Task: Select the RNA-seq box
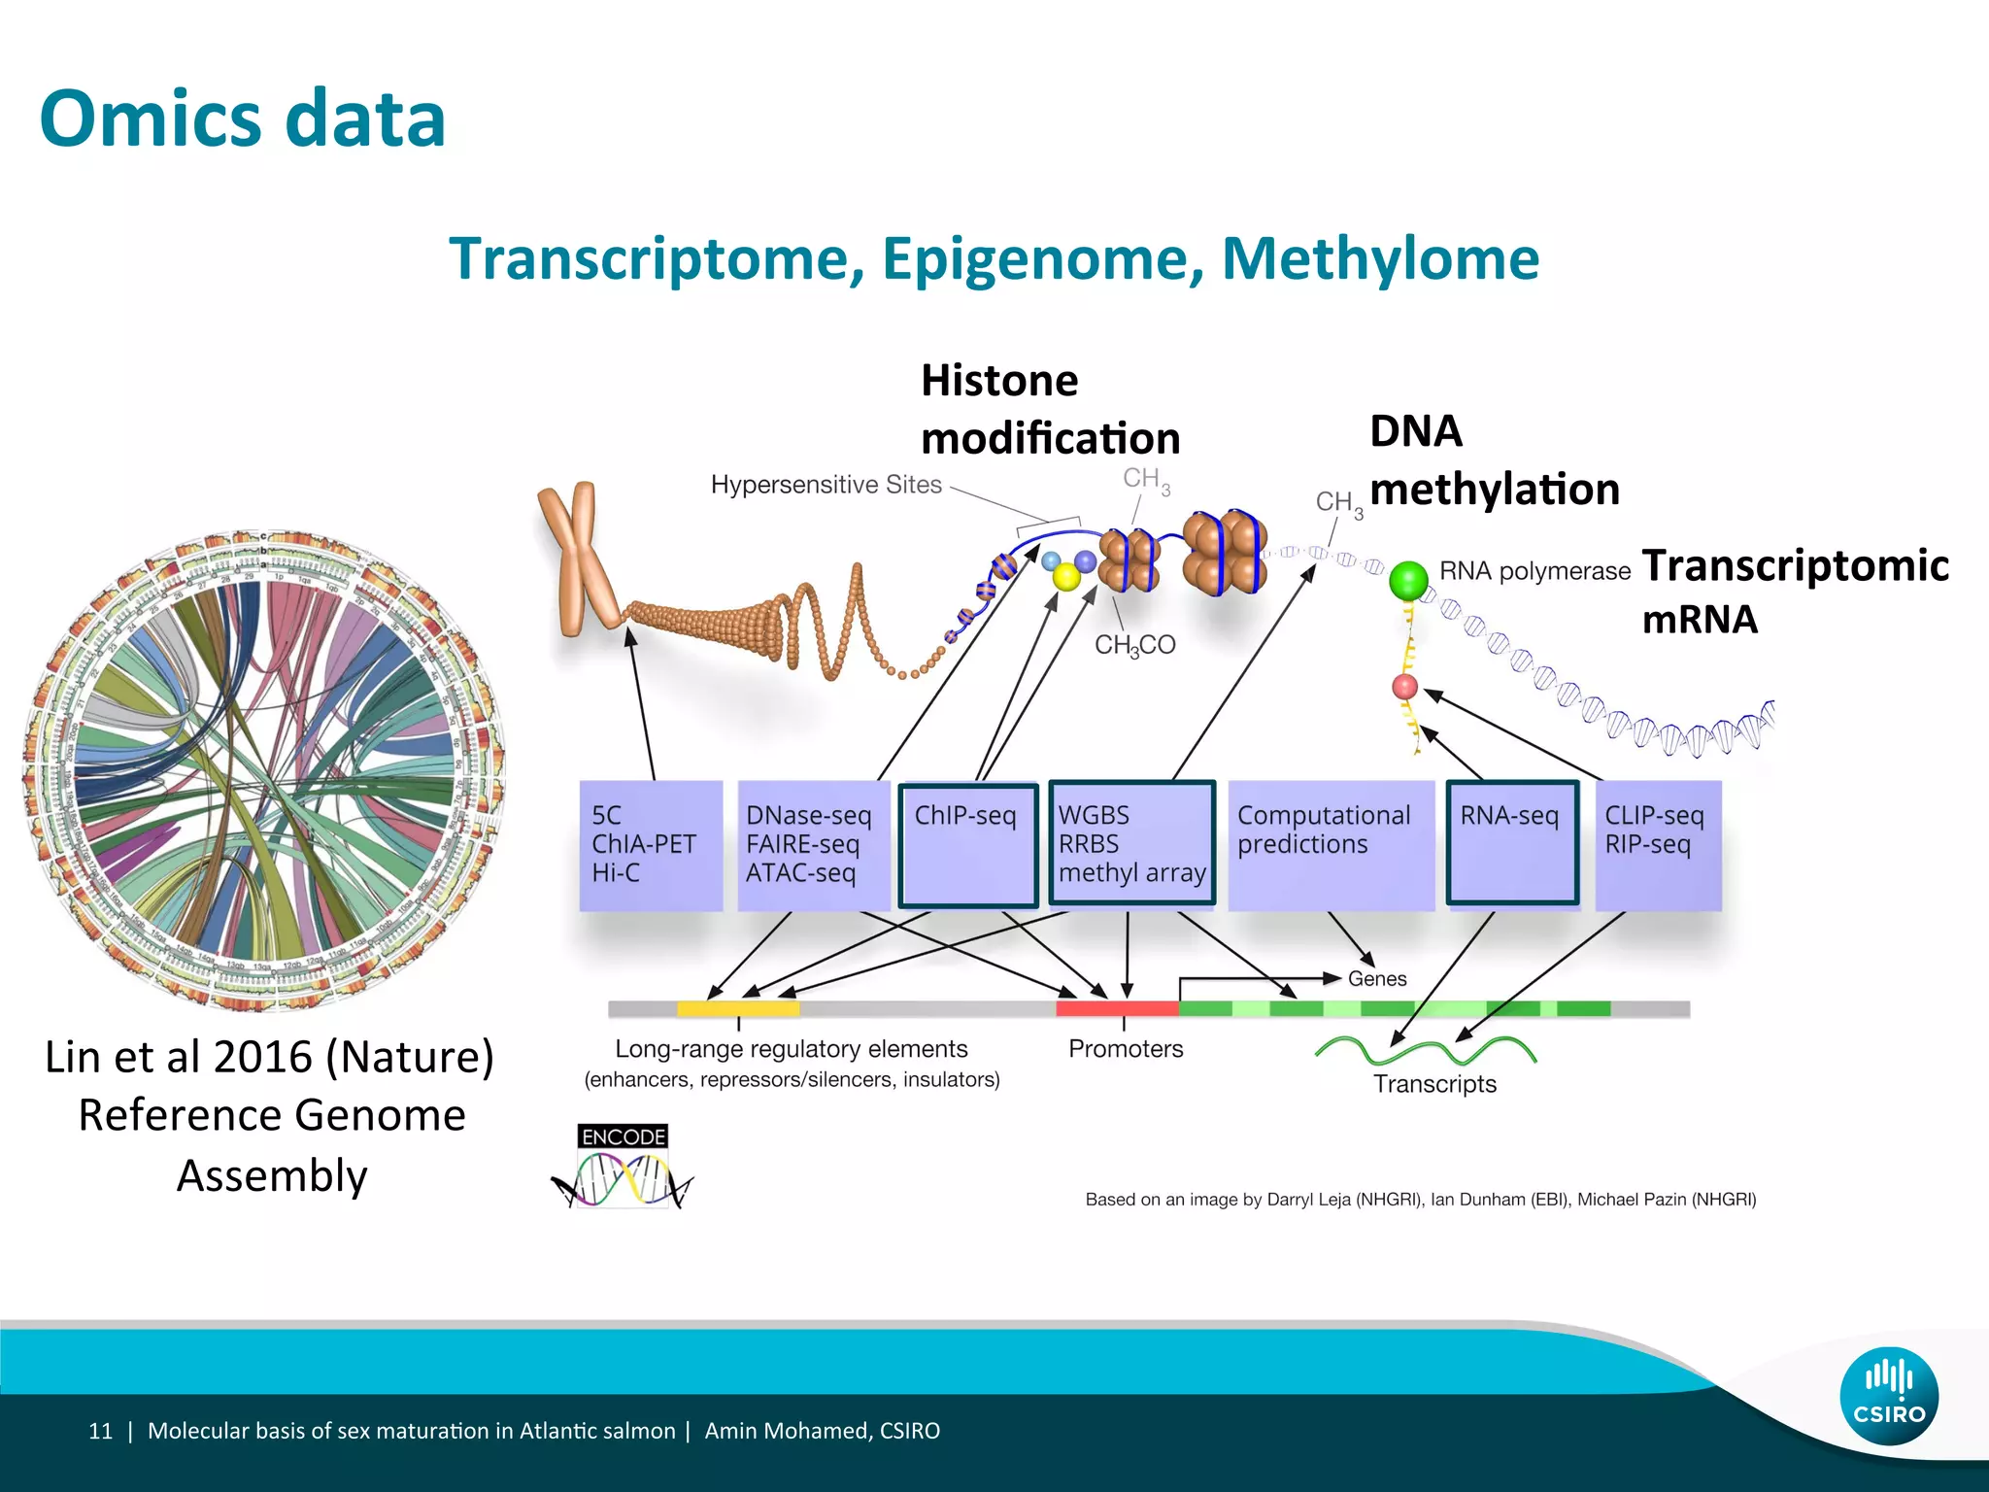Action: (1512, 843)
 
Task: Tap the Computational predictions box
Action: (1331, 845)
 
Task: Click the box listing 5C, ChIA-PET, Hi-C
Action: (651, 845)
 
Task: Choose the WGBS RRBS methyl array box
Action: (1132, 843)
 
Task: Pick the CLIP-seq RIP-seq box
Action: (1658, 845)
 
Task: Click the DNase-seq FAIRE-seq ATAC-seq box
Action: (813, 845)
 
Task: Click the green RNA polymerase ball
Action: (1408, 581)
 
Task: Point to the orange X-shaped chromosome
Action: (579, 559)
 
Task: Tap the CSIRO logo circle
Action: (1889, 1396)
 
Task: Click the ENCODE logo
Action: (623, 1167)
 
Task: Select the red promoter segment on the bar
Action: (1117, 1009)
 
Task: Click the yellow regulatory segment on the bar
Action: (738, 1009)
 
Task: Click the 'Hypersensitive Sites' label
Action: (826, 485)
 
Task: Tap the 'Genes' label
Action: (1377, 979)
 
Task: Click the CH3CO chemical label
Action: (1134, 645)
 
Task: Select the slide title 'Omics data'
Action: (243, 119)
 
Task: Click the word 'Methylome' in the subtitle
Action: (1379, 259)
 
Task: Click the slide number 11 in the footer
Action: (100, 1431)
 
